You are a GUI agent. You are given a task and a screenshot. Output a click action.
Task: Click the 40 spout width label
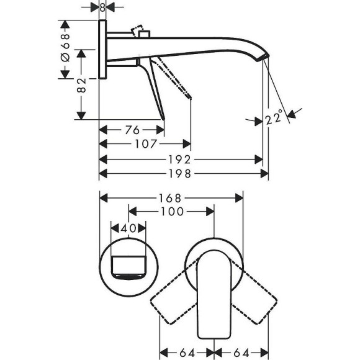pos(128,228)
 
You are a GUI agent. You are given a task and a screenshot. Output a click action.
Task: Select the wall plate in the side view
pos(102,50)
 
